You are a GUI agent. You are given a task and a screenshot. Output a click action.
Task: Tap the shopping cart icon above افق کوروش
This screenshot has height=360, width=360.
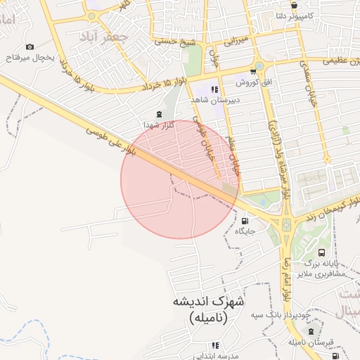253,72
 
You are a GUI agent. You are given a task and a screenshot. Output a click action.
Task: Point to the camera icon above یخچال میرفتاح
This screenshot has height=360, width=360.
30,46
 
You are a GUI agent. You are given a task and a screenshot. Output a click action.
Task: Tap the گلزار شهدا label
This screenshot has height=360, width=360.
158,124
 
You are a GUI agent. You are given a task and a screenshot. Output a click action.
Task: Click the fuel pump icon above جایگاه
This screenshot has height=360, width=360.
245,220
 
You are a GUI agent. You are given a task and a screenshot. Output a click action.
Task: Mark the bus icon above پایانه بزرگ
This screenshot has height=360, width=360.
322,252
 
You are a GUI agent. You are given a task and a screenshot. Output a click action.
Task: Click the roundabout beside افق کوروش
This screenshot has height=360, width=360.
259,66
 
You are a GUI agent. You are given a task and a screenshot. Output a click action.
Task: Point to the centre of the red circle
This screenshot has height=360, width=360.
180,179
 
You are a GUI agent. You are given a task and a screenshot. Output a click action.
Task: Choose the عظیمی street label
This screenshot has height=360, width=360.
337,62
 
